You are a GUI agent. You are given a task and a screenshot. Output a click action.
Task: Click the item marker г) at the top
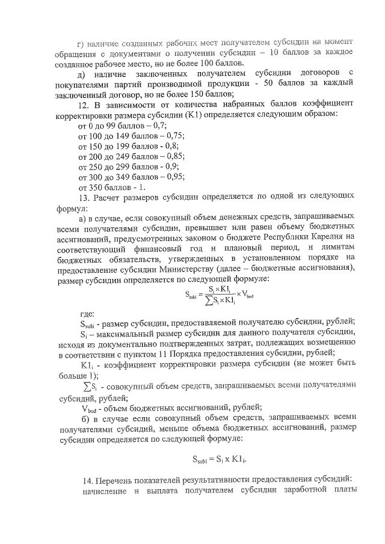pos(82,43)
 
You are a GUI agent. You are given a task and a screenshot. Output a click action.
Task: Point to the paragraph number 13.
pos(84,196)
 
